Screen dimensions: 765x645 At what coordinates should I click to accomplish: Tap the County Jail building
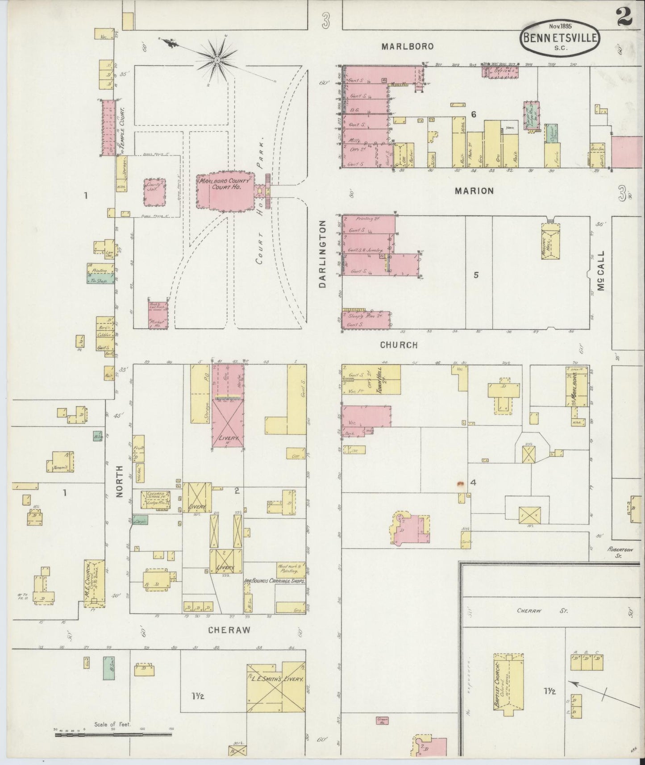154,192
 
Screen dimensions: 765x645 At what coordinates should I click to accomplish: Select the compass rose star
217,59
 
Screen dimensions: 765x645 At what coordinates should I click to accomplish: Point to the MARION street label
474,191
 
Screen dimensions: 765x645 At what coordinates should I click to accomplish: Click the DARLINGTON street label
324,254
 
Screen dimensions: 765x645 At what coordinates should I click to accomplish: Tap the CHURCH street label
399,345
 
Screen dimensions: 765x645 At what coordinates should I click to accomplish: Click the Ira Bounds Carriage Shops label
275,582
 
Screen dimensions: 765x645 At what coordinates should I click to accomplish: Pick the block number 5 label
476,275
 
